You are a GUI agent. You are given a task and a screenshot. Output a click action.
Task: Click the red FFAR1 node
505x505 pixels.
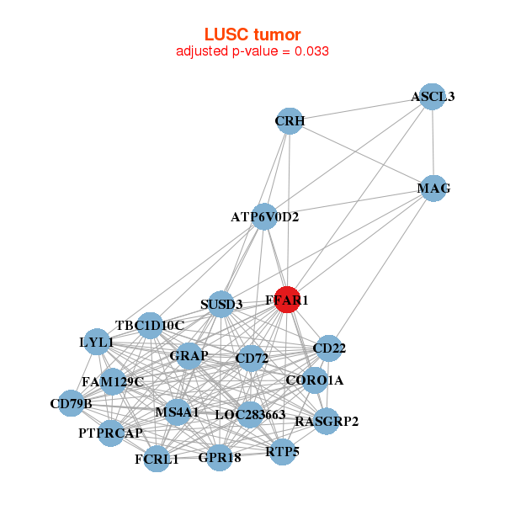tap(287, 300)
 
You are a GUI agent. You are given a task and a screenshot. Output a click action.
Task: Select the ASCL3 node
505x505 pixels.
tap(432, 97)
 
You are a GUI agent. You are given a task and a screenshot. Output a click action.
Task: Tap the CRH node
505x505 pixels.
tap(289, 121)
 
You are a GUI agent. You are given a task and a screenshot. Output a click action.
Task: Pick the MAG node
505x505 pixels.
tap(433, 189)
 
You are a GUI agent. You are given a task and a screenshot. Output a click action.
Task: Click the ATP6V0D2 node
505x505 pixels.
tap(265, 216)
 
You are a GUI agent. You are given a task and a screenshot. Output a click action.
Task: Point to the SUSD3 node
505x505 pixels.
tap(221, 304)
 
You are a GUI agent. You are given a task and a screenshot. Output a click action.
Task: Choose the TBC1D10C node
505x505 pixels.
tap(150, 325)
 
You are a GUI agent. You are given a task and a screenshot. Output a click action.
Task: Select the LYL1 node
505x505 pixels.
tap(96, 343)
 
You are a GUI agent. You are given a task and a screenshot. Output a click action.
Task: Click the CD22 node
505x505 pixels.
tap(328, 348)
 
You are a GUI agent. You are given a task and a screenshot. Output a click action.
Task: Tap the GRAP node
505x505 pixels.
tap(189, 356)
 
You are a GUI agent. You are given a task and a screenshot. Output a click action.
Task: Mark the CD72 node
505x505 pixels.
tap(251, 359)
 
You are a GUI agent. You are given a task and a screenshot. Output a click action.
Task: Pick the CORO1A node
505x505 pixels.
tap(314, 380)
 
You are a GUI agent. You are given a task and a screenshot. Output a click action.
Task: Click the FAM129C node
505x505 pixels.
tap(113, 381)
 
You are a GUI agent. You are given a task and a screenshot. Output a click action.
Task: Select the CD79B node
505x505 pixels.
tap(71, 404)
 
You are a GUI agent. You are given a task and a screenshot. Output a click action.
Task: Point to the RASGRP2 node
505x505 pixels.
tap(327, 421)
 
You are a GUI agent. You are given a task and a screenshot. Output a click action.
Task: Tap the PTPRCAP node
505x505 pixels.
tap(111, 433)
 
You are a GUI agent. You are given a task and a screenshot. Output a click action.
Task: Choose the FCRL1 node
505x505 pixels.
tap(157, 459)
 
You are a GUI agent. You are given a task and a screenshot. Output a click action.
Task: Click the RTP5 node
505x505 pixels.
tap(282, 452)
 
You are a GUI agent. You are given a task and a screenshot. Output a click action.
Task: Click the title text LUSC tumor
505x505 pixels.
tap(252, 35)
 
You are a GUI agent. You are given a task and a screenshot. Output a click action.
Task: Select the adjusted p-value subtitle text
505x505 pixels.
tap(252, 51)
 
